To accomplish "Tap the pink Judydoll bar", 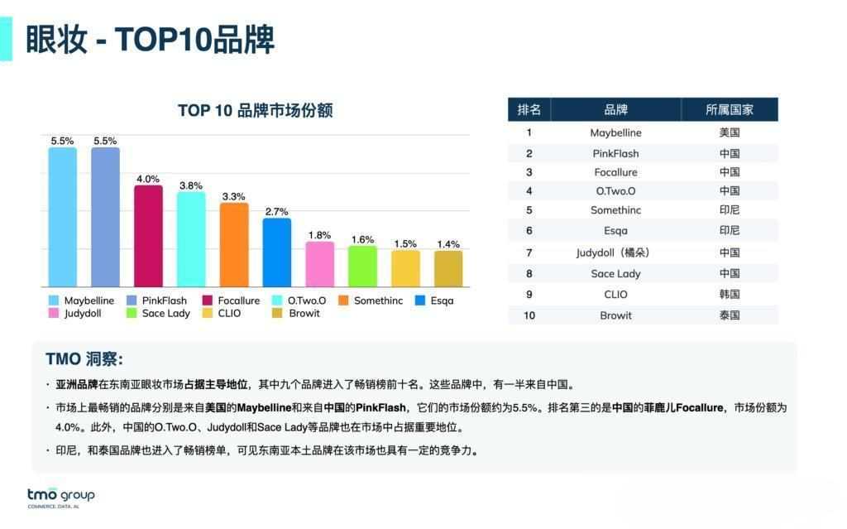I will [319, 264].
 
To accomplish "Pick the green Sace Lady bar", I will [362, 266].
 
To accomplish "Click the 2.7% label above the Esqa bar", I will [276, 212].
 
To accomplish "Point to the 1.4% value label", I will [448, 244].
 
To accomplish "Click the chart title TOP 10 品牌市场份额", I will [255, 111].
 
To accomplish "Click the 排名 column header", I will [529, 109].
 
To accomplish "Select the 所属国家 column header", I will [729, 109].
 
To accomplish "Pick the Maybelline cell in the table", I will [615, 132].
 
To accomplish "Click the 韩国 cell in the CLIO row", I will [729, 294].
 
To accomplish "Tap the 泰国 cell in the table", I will [729, 315].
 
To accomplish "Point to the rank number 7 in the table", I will [529, 252].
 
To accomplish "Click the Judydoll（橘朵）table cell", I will [616, 252].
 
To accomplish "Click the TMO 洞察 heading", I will [84, 359].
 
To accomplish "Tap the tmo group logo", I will [60, 497].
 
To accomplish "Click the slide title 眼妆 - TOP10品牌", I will [150, 39].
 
